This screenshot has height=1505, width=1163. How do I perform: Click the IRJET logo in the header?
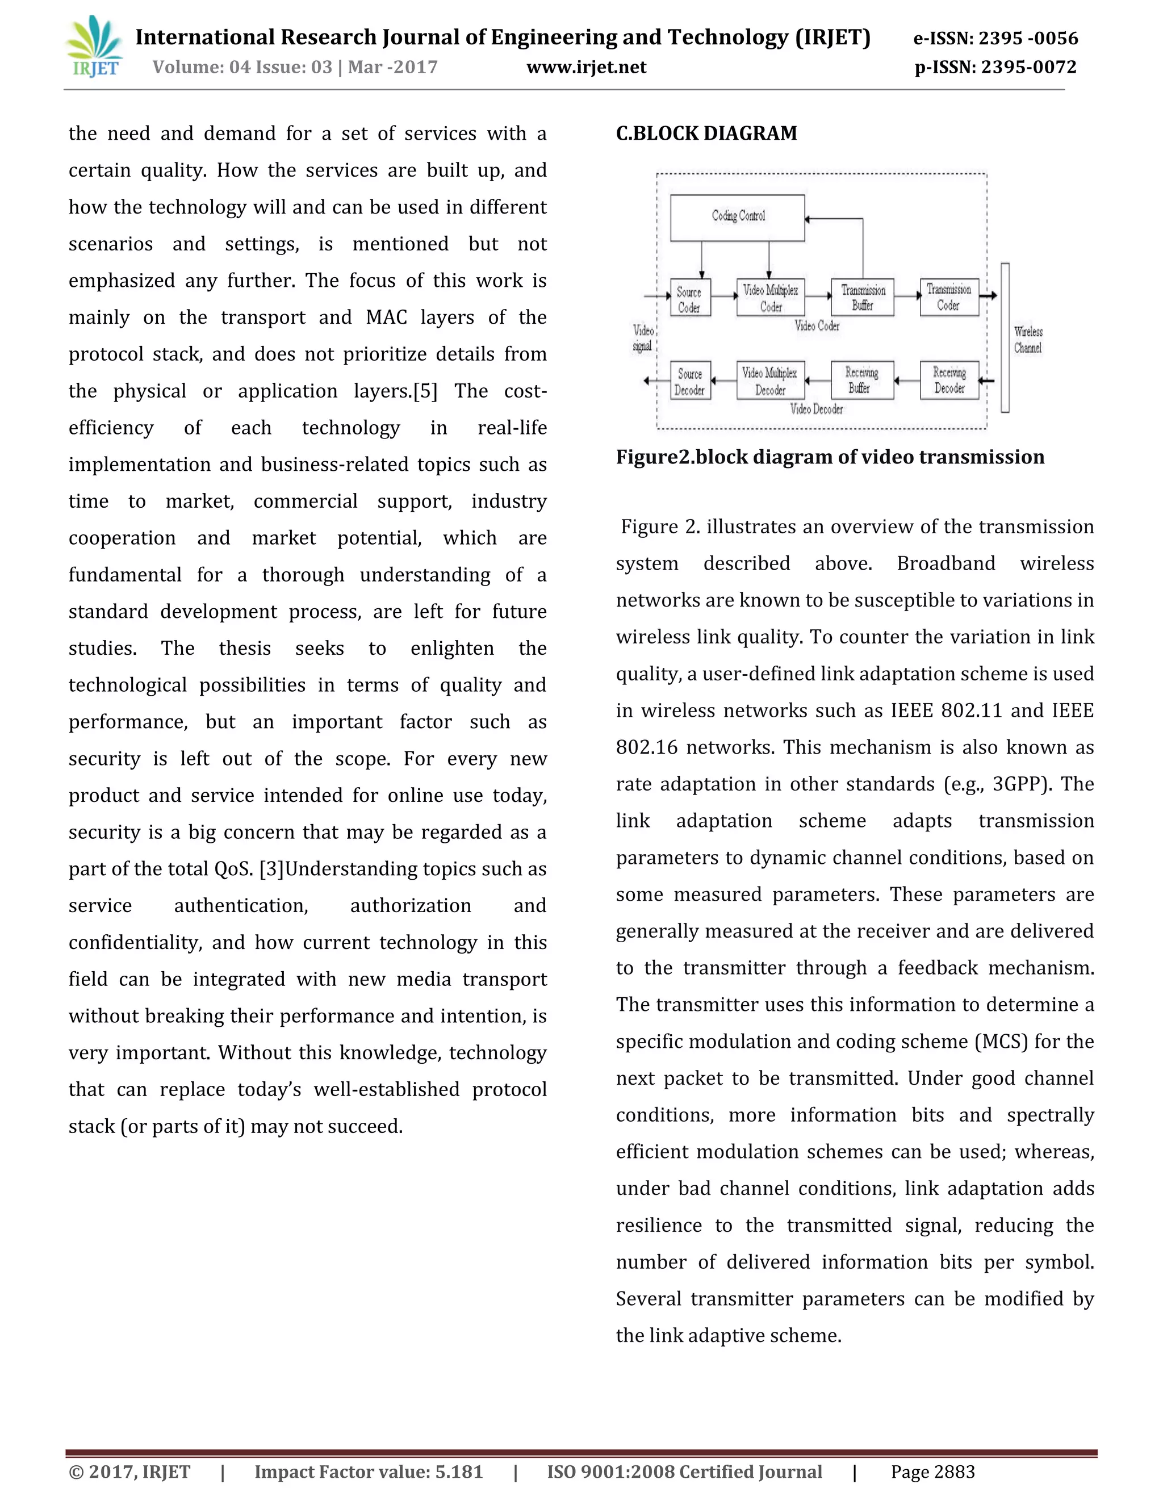tap(95, 48)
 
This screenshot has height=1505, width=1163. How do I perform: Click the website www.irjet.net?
tap(586, 68)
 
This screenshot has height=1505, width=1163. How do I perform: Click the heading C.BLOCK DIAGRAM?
tap(706, 133)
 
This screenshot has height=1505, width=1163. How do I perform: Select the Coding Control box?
tap(737, 217)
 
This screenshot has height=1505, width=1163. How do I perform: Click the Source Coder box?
tap(689, 298)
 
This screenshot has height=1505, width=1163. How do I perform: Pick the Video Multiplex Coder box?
tap(770, 298)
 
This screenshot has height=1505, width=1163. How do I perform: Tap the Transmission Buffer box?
tap(863, 297)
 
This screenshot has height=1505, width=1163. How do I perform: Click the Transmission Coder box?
tap(949, 297)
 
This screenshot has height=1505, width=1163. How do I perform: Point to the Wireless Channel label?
tap(1027, 340)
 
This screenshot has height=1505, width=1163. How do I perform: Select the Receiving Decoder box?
tap(949, 381)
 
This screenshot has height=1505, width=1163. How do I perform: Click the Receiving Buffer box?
tap(862, 381)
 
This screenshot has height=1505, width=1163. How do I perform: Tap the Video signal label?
tap(643, 338)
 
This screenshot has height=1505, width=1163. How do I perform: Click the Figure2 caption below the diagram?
tap(830, 458)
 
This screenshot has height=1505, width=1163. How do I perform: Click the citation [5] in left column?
tap(425, 391)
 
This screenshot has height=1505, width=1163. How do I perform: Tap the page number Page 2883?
tap(933, 1473)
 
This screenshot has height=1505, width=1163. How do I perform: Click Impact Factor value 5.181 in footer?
tap(369, 1473)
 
